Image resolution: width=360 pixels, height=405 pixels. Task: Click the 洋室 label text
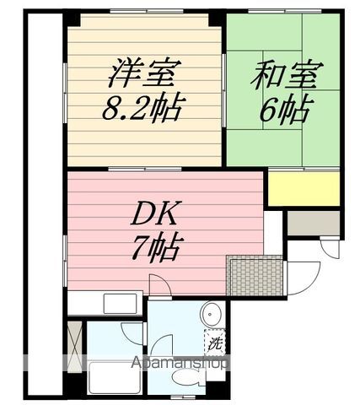point(142,73)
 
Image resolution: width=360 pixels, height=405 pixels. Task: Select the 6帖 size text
point(285,109)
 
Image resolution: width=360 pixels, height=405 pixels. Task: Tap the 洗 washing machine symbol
point(215,343)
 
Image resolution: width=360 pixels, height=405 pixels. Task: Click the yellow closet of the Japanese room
point(304,187)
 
